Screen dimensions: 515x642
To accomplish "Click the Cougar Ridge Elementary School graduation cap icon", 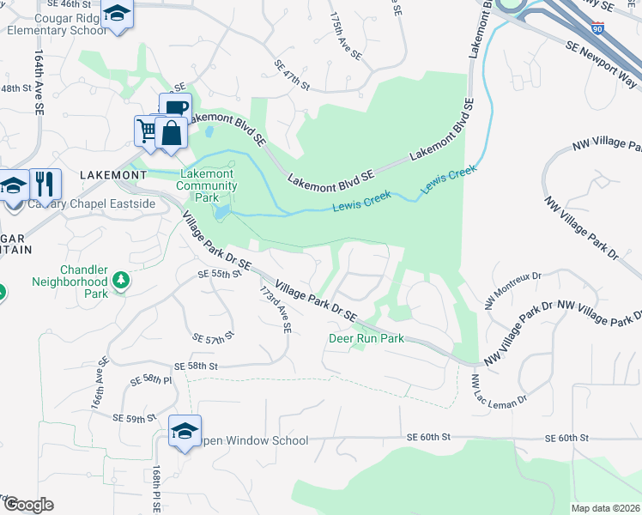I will pyautogui.click(x=118, y=14).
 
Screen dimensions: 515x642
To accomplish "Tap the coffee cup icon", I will pyautogui.click(x=175, y=109).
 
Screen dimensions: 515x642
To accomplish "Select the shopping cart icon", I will pyautogui.click(x=147, y=131).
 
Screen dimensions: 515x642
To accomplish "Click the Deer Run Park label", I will pyautogui.click(x=366, y=338).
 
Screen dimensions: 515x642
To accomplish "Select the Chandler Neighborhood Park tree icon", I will pyautogui.click(x=122, y=280).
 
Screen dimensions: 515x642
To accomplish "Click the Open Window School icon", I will pyautogui.click(x=185, y=431).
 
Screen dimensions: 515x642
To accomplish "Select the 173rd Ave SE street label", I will pyautogui.click(x=276, y=310).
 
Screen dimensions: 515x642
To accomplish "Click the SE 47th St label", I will pyautogui.click(x=292, y=76).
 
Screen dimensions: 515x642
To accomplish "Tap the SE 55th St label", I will pyautogui.click(x=215, y=274).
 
